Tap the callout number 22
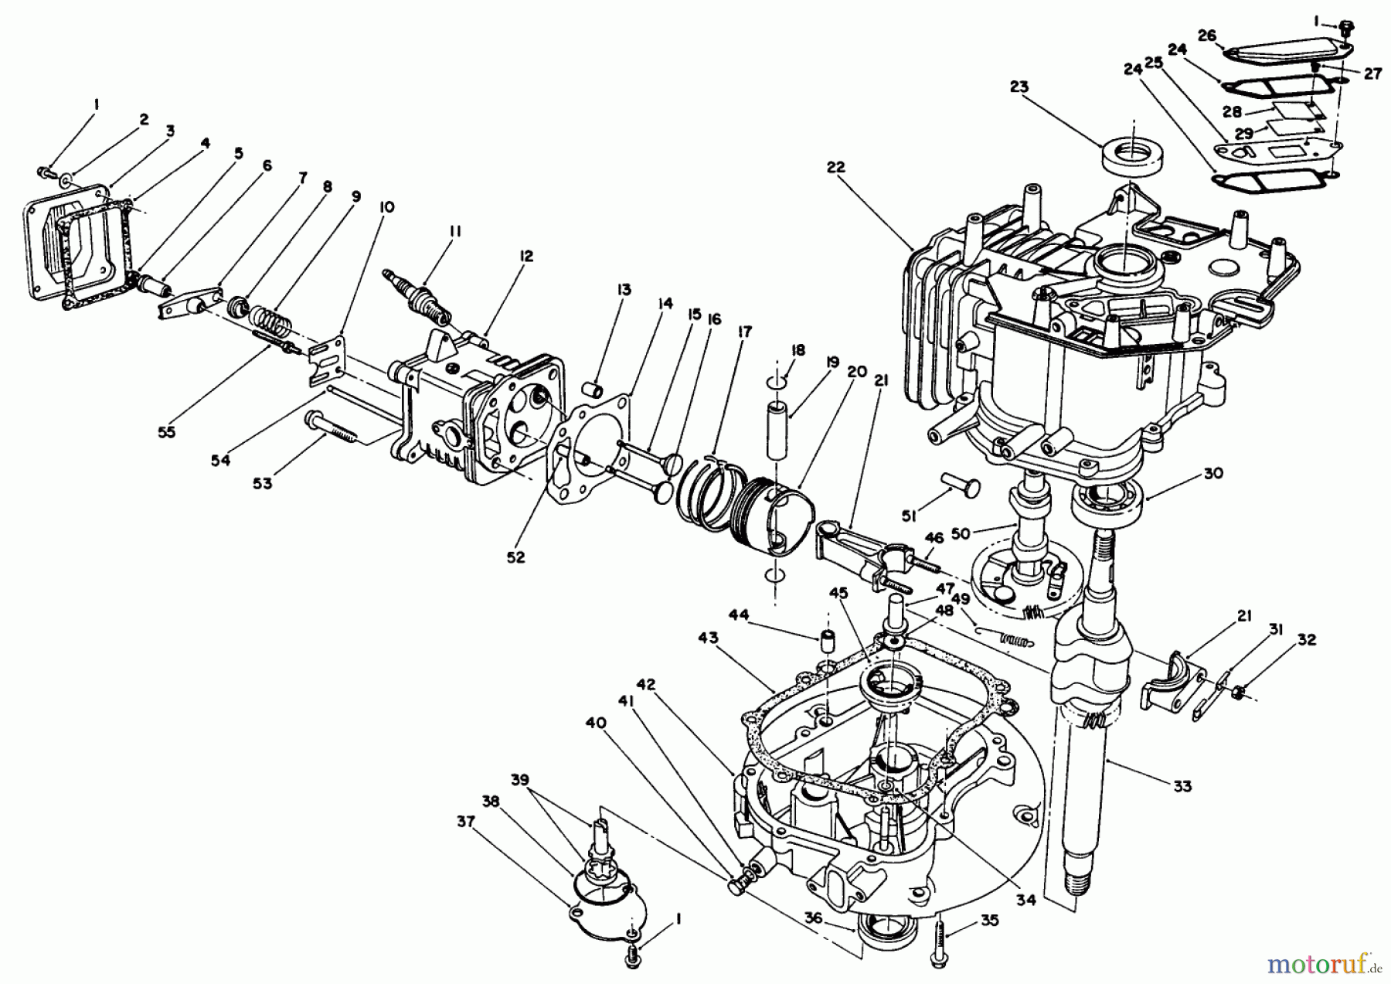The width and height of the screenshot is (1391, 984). click(835, 167)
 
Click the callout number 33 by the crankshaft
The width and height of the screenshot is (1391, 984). click(1182, 786)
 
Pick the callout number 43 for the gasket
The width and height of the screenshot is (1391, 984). click(708, 638)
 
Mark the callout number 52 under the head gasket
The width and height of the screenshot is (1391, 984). click(515, 557)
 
